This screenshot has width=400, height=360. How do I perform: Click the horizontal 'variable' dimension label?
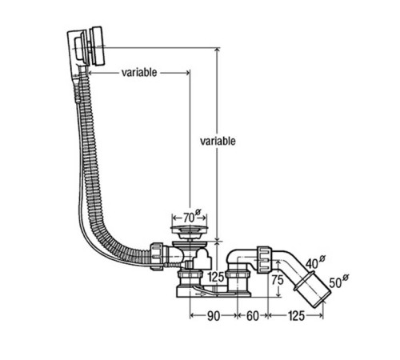(139, 72)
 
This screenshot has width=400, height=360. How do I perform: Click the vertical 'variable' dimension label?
(218, 141)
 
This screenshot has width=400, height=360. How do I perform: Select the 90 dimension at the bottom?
(214, 316)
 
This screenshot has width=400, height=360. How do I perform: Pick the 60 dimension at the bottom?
(253, 316)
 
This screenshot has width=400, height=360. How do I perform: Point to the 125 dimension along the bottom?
(296, 316)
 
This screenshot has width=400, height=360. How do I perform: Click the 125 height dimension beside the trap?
(216, 278)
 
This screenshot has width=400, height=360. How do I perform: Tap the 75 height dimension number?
(278, 280)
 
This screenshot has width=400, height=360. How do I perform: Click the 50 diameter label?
(338, 282)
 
